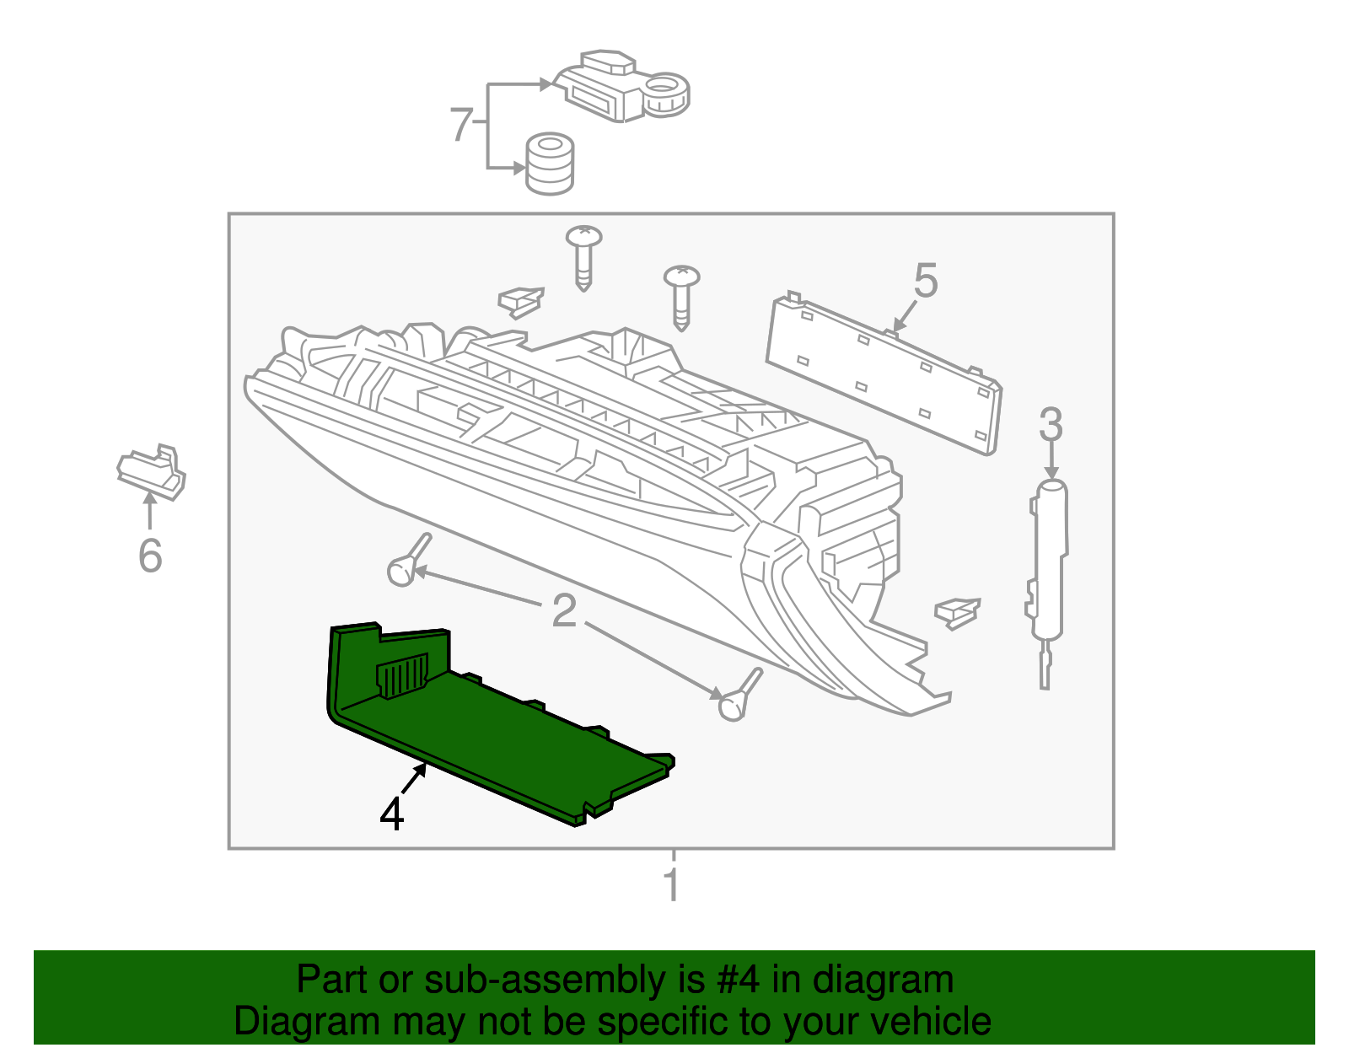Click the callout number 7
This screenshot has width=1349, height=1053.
pos(460,124)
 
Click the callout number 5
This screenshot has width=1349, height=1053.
pos(925,281)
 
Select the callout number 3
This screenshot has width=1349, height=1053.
pos(1051,424)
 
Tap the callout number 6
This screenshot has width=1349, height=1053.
pos(150,556)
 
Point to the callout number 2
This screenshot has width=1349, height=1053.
pos(564,610)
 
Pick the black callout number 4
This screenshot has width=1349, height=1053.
pos(392,814)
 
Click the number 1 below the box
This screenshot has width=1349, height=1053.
pos(671,884)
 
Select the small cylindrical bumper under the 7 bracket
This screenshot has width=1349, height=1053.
pos(550,164)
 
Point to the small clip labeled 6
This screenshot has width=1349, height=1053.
pos(153,470)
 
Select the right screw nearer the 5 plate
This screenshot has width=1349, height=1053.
pos(681,295)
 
